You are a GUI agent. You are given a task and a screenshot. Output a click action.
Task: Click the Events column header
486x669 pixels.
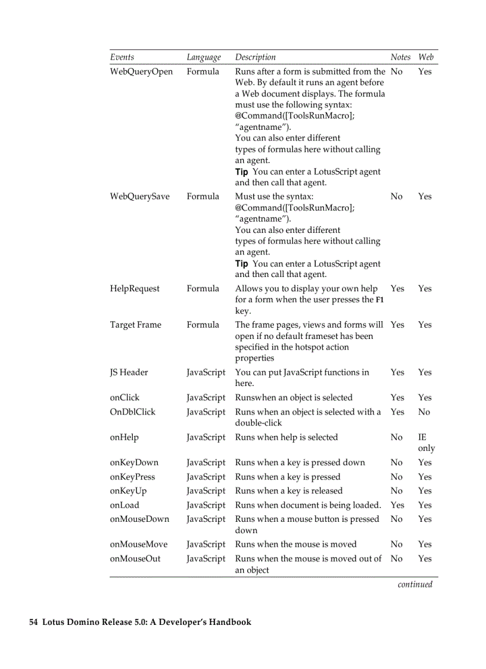(x=122, y=57)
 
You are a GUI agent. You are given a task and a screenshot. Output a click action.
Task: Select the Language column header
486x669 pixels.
(x=204, y=57)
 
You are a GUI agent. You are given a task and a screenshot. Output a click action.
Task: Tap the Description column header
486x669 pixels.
(x=256, y=57)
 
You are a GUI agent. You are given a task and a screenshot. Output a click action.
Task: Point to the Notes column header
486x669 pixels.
(x=400, y=57)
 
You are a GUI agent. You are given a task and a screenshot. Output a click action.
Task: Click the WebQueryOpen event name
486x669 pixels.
(x=141, y=71)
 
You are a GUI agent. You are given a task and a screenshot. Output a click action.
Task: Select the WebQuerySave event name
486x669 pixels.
(x=139, y=196)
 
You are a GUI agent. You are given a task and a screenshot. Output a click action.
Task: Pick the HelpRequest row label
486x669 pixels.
(x=135, y=288)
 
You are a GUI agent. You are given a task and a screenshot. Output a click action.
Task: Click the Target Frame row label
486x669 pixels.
(x=135, y=325)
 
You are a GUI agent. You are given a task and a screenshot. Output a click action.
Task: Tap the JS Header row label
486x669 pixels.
(x=129, y=372)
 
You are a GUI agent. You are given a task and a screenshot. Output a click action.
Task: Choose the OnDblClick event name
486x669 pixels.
(x=132, y=412)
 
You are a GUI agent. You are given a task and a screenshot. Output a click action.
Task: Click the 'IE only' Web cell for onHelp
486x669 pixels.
(x=426, y=443)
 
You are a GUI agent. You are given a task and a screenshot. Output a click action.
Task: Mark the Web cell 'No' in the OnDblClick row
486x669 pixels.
(x=423, y=412)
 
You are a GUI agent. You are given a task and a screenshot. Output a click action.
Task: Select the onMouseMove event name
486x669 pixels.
(x=139, y=544)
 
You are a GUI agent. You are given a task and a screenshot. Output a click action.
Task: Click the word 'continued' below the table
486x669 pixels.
(x=415, y=584)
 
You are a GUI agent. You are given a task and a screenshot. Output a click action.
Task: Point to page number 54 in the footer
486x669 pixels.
(x=34, y=622)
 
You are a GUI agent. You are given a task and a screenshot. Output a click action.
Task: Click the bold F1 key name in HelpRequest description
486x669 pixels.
(x=379, y=300)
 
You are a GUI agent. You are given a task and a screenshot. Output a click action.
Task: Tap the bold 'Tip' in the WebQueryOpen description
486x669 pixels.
(x=241, y=172)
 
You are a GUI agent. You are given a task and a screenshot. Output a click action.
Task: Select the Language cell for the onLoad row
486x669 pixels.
(x=206, y=505)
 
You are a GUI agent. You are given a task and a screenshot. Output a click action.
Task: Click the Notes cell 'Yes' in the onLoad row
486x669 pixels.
(x=397, y=505)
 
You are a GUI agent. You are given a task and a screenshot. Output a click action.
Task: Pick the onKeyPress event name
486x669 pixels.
(x=132, y=477)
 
